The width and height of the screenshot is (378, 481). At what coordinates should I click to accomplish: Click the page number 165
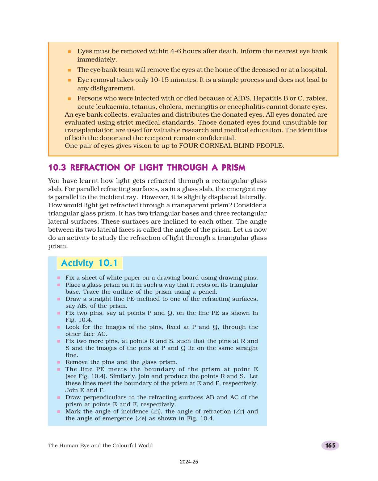[x=330, y=446]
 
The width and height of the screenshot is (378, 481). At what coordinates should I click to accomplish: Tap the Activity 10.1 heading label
[x=90, y=263]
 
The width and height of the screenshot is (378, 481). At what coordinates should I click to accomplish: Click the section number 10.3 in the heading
[x=57, y=168]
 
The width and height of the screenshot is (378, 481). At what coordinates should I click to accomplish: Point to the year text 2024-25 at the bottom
[x=189, y=462]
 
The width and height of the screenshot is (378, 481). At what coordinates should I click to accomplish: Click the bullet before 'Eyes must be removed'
[x=69, y=52]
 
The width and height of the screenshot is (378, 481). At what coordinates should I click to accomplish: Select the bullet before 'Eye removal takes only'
[x=69, y=80]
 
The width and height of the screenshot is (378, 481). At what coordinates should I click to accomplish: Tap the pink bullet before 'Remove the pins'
[x=58, y=363]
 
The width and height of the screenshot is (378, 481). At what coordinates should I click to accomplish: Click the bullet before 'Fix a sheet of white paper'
[x=58, y=278]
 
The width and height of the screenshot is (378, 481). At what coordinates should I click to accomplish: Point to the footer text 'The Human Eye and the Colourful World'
[x=100, y=446]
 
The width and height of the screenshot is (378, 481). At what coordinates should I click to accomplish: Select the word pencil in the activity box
[x=207, y=292]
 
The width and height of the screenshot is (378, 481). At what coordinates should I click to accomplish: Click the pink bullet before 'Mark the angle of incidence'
[x=58, y=412]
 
